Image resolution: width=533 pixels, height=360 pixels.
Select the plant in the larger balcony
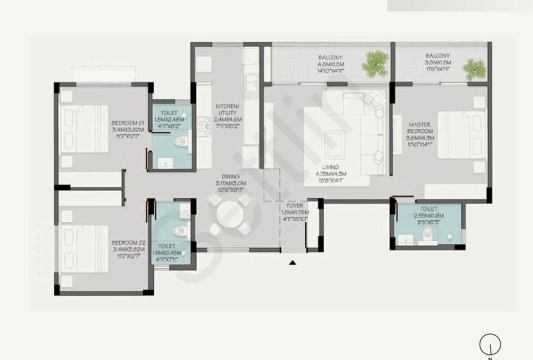(375, 63)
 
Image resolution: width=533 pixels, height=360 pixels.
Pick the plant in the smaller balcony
(475, 69)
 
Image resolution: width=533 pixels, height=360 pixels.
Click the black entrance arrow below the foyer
(292, 263)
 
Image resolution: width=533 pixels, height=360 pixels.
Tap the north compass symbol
(490, 345)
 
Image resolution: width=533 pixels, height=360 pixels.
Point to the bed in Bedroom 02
(84, 249)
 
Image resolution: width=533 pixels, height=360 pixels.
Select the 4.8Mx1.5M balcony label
(330, 64)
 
